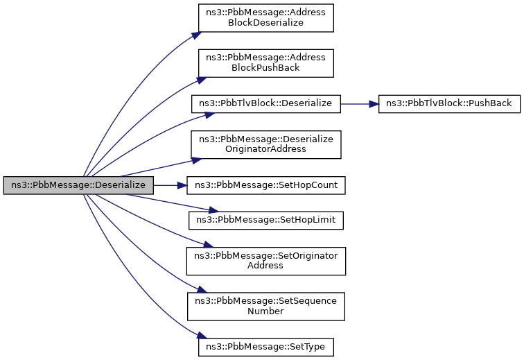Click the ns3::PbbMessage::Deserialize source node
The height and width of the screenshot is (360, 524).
coord(78,185)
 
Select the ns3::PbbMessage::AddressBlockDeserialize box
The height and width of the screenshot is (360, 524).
coord(265,18)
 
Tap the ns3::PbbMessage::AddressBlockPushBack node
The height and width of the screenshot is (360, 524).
coord(265,63)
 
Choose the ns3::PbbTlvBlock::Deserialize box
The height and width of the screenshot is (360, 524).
coord(265,104)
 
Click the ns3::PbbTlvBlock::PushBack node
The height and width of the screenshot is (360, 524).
coord(449,104)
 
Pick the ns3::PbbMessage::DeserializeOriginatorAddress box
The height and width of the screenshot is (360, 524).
coord(265,144)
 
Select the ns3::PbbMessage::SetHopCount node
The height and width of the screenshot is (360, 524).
coord(265,185)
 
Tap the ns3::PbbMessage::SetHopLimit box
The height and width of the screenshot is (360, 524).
coord(265,220)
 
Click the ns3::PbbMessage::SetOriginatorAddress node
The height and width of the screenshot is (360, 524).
coord(265,261)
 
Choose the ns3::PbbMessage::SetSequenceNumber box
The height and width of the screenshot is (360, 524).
coord(265,307)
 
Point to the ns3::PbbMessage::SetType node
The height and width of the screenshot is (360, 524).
coord(265,348)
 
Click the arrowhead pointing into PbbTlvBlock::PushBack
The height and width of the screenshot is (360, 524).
coord(374,104)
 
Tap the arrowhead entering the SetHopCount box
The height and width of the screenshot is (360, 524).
coord(182,185)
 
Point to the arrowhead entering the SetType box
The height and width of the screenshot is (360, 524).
coord(200,336)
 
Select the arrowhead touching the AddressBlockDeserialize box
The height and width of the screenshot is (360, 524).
coord(197,35)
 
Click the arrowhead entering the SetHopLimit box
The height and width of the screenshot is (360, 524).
coord(214,210)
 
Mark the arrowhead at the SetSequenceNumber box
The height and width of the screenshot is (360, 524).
coord(200,289)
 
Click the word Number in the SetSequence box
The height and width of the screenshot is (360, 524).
coord(265,311)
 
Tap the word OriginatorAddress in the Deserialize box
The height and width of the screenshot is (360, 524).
coord(265,149)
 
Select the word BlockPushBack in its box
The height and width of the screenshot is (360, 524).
coord(265,67)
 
